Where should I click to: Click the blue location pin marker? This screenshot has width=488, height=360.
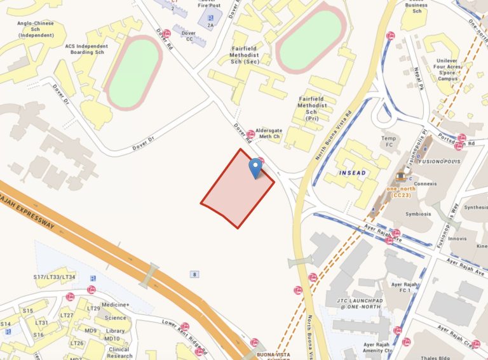point(255,168)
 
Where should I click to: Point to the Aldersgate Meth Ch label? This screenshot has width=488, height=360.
point(273,133)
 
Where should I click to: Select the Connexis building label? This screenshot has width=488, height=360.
point(425,184)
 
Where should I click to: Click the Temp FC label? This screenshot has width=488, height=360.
point(388,141)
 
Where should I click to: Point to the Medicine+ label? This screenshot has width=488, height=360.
point(116,305)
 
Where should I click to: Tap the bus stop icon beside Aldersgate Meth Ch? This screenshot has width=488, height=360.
point(251,134)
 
